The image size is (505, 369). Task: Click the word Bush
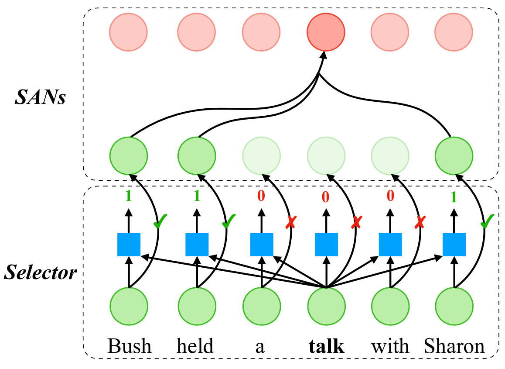[129, 346]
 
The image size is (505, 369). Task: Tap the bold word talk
[326, 346]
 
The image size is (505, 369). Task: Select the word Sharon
[454, 346]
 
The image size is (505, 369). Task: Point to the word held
[195, 346]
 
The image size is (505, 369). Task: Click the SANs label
[40, 97]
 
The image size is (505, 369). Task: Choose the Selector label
[40, 272]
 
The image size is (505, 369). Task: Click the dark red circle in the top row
[326, 32]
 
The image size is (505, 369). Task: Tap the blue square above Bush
[129, 245]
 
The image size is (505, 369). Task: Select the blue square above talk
[326, 245]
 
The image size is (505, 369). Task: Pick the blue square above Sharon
[454, 245]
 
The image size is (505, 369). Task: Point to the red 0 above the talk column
[326, 197]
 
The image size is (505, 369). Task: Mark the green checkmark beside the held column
[229, 221]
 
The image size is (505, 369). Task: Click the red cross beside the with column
[420, 222]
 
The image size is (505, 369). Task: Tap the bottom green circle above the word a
[262, 306]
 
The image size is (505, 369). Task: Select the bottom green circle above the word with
[390, 306]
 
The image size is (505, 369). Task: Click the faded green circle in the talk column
[326, 156]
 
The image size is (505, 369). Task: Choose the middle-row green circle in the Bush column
[129, 156]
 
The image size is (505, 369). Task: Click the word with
[390, 346]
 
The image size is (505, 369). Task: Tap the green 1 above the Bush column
[129, 196]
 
